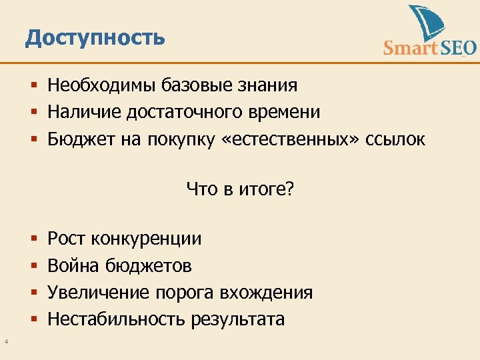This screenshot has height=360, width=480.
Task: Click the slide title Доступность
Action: coord(95,37)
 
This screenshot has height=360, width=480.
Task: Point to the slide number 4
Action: coord(5,343)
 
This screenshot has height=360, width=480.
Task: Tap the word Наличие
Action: coord(79,112)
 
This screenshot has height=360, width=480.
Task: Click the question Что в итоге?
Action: coord(240,189)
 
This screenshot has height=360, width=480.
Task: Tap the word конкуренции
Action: coord(146,239)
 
